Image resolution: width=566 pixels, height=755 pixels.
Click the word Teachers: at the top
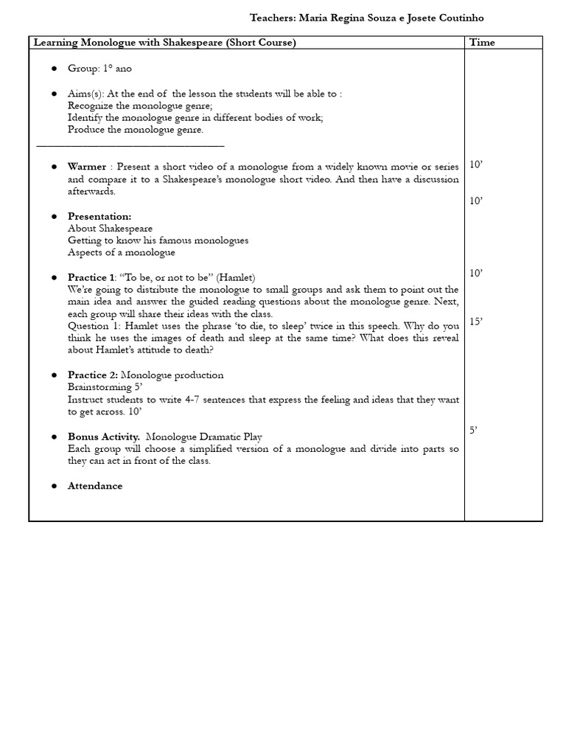[273, 18]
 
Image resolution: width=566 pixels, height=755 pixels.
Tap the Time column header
[482, 43]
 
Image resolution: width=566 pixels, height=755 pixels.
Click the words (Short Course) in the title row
[261, 43]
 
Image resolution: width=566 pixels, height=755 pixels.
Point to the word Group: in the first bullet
[83, 69]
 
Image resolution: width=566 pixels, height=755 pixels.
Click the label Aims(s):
[86, 94]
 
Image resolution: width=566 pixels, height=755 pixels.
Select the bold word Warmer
[87, 167]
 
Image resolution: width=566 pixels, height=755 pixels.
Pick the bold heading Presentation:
[99, 216]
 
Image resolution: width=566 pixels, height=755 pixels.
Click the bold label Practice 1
[91, 277]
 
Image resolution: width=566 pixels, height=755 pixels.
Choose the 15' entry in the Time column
[476, 322]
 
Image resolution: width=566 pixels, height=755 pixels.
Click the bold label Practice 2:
[93, 375]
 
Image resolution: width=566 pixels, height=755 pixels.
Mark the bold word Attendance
[95, 486]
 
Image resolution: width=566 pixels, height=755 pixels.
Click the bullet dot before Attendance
[55, 487]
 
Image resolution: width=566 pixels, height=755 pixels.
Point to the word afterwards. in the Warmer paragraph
[91, 192]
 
